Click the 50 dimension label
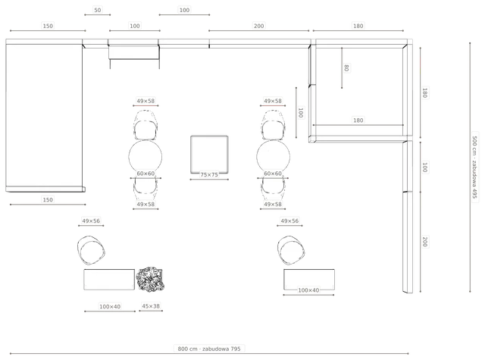pyautogui.click(x=98, y=10)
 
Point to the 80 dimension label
pyautogui.click(x=346, y=67)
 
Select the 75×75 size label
pyautogui.click(x=209, y=175)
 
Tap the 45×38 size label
pyautogui.click(x=151, y=306)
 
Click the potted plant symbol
pyautogui.click(x=150, y=280)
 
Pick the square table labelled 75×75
pyautogui.click(x=209, y=154)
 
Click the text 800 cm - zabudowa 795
pyautogui.click(x=209, y=349)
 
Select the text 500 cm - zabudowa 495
pyautogui.click(x=475, y=167)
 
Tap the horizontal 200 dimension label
pyautogui.click(x=259, y=26)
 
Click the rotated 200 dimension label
pyautogui.click(x=425, y=242)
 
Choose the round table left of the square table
pyautogui.click(x=145, y=157)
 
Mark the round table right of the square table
pyautogui.click(x=274, y=157)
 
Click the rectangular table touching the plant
pyautogui.click(x=109, y=280)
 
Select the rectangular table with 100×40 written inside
pyautogui.click(x=309, y=280)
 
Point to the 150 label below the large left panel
pyautogui.click(x=48, y=200)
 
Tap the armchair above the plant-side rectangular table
pyautogui.click(x=91, y=250)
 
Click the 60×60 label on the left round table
pyautogui.click(x=145, y=174)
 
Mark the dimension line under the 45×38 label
pyautogui.click(x=151, y=311)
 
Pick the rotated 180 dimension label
pyautogui.click(x=425, y=92)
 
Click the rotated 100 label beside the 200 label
pyautogui.click(x=425, y=167)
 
